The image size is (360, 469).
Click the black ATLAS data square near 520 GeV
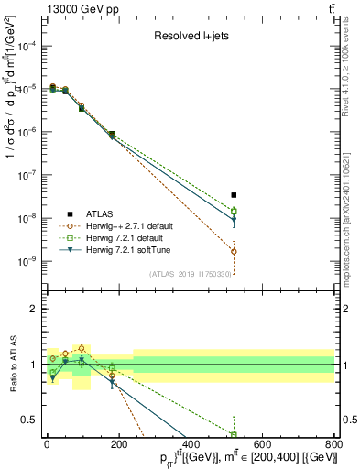[234, 195]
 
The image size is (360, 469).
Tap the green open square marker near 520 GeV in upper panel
[234, 212]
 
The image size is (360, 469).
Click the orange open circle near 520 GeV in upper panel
[234, 251]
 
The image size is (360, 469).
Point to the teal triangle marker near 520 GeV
[234, 220]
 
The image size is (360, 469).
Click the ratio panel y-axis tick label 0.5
[31, 420]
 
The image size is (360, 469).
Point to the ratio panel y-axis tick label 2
[35, 309]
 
